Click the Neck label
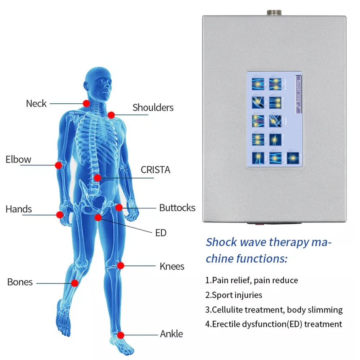point(36,104)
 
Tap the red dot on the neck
point(86,103)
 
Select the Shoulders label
point(153,107)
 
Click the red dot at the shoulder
point(111,115)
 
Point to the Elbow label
point(18,159)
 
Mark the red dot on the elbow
point(58,165)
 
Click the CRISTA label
point(155,170)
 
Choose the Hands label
point(19,209)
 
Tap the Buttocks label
point(177,208)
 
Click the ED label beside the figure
point(161,233)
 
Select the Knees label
point(172,266)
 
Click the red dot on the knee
point(121,266)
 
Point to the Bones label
point(20,282)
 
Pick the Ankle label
point(171,334)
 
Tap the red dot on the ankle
point(121,335)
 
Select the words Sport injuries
point(237,295)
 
